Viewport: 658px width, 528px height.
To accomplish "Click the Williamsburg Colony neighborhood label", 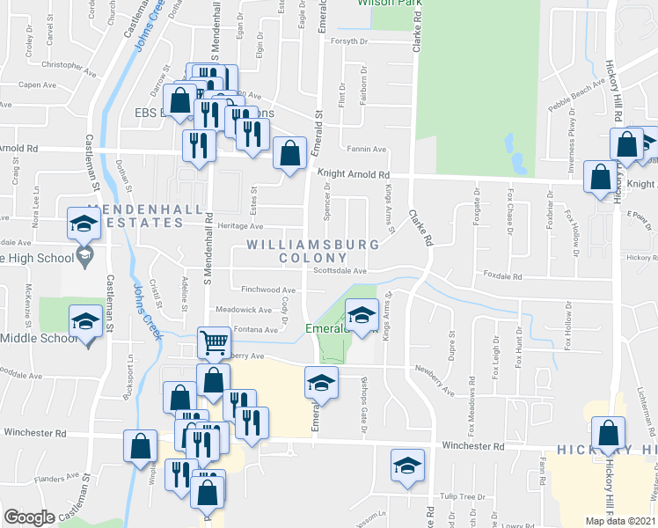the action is [x=313, y=250].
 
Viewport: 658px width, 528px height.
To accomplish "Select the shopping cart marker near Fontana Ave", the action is [x=215, y=342].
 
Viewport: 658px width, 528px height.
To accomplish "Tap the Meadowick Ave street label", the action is [x=244, y=310].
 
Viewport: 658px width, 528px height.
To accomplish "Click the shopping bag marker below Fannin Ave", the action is [x=289, y=154].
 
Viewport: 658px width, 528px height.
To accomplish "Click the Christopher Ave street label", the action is [x=68, y=65].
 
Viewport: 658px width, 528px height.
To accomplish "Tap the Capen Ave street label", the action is [x=37, y=85].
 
